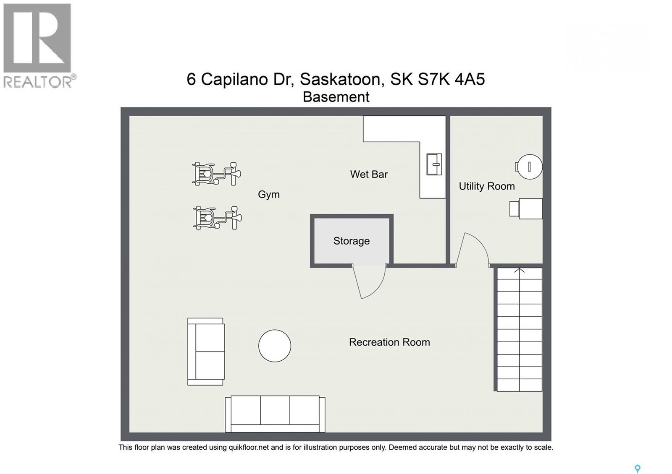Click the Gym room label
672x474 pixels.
(x=268, y=194)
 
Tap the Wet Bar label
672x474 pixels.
(x=369, y=174)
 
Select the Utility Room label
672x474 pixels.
(x=486, y=186)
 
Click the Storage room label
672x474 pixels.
(x=351, y=241)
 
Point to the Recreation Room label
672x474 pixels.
(x=389, y=342)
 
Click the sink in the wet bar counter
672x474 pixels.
(x=434, y=164)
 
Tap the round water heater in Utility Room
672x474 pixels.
(x=529, y=167)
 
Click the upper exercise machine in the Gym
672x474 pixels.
(x=216, y=174)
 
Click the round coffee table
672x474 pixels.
(x=275, y=346)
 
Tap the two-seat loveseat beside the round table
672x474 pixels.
(x=206, y=352)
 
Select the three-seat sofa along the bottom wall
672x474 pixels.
(x=275, y=414)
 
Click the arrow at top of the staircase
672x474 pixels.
(x=520, y=271)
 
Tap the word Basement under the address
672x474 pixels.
(x=336, y=97)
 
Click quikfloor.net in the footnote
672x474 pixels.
(x=248, y=448)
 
